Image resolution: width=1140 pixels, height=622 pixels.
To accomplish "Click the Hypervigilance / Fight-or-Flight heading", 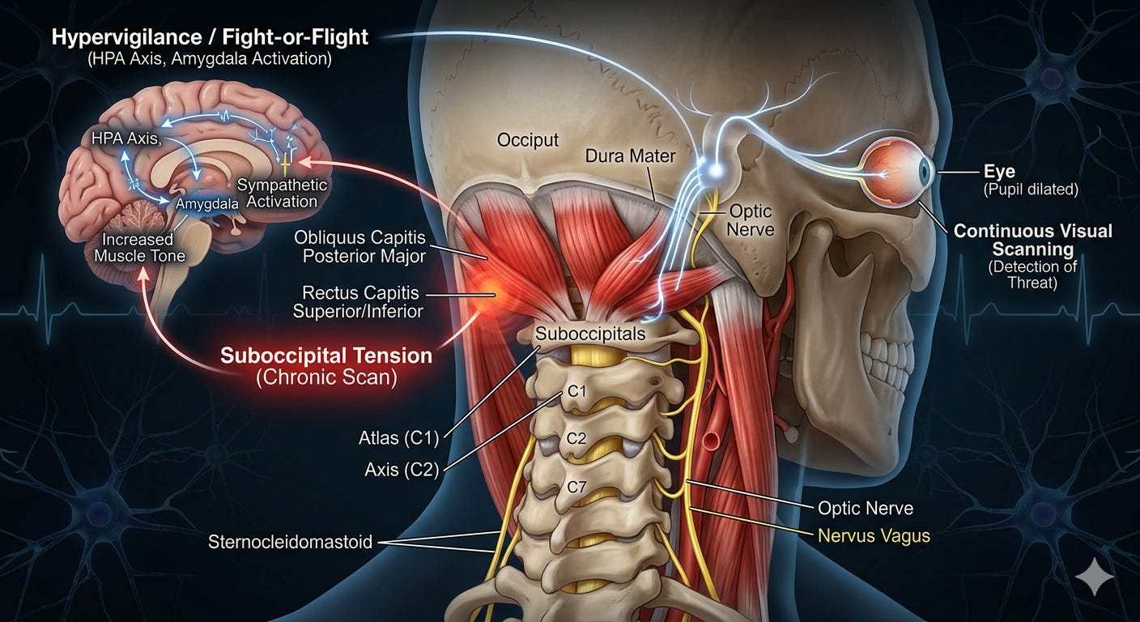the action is coord(210,38).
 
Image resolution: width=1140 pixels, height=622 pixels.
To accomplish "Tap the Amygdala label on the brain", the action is coord(207,204).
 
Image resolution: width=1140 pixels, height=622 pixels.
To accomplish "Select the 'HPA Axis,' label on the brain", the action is coord(126,138).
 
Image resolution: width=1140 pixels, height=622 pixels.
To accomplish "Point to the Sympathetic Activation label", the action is coord(282,193).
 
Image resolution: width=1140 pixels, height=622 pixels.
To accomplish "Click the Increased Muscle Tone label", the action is coord(139,247).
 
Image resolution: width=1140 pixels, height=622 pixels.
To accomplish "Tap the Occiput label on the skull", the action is coord(528,140).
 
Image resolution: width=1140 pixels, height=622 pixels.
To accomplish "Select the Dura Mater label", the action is coord(630,155).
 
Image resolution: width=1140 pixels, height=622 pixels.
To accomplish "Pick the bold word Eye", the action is coord(1000,172).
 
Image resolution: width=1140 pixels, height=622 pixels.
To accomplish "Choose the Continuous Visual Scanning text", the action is coord(1032,241).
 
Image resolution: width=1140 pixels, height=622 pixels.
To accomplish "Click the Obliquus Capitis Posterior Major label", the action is coord(359,246).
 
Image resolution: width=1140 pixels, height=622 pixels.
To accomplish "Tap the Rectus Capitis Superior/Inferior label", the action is coord(358,302).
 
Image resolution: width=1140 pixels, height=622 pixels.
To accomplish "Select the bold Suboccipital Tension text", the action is coord(326,356).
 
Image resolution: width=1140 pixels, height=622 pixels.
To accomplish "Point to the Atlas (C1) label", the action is coord(398,437).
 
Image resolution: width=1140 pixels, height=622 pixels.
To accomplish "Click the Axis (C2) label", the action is coord(402,469).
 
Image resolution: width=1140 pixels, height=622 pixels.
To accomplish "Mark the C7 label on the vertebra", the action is coord(576,488).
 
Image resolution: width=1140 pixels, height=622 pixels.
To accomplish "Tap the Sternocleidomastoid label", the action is coord(290,542).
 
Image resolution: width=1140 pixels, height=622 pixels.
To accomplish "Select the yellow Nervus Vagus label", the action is coord(874,536).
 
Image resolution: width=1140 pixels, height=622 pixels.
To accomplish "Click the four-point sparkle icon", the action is coord(1095,577).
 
